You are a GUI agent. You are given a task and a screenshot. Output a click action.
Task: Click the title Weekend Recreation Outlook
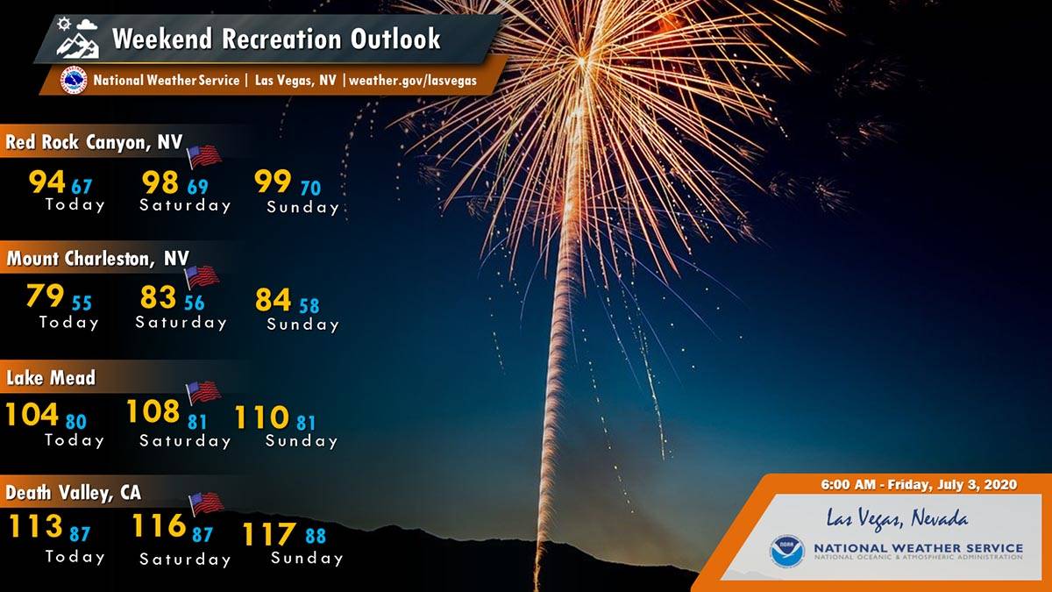point(276,39)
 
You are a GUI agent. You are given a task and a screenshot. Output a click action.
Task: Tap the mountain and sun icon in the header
point(77,38)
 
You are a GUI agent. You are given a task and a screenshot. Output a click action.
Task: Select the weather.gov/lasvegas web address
point(413,80)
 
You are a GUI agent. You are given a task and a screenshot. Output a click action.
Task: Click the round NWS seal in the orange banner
point(74,80)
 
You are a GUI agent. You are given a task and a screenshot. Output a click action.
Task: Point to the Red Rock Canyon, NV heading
point(94,142)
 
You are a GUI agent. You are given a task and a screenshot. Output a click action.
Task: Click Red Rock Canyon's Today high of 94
point(46,182)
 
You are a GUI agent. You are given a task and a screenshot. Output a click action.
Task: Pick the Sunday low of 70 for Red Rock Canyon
point(310,189)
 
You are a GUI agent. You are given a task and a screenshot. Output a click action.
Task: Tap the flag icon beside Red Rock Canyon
point(204,156)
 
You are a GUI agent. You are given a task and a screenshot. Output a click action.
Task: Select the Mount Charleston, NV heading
point(97,259)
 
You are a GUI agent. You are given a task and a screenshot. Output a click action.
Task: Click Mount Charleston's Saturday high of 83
point(158,297)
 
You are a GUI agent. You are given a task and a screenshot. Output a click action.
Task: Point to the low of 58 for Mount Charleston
point(309,306)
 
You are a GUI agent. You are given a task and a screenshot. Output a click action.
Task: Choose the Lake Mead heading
point(50,378)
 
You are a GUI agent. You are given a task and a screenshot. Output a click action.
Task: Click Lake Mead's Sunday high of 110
point(261,417)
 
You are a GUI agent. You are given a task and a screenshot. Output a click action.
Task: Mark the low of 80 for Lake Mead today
point(75,422)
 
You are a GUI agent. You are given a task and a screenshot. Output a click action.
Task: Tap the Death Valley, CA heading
point(74,492)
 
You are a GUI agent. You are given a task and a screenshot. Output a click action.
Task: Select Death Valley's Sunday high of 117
point(269,535)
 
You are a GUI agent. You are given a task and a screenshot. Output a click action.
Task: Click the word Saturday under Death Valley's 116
point(185,560)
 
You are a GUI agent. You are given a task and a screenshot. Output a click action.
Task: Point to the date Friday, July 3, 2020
point(952,485)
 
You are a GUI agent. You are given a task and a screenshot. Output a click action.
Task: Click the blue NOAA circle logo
point(787,550)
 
